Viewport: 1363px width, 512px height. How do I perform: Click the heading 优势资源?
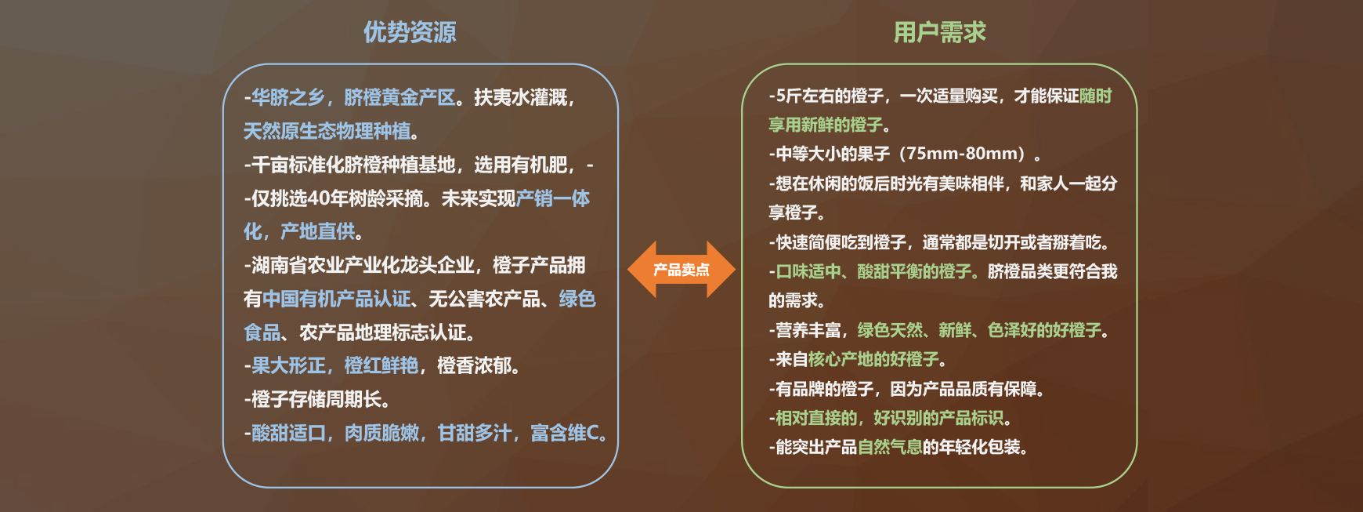tap(410, 32)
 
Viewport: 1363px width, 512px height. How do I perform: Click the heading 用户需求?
tap(940, 32)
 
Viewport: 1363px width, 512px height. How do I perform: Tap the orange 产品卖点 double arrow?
tap(681, 270)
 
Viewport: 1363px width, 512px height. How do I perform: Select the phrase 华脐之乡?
tap(287, 97)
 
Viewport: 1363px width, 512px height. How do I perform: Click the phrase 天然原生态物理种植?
tap(327, 131)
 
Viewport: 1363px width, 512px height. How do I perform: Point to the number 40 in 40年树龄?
tap(318, 198)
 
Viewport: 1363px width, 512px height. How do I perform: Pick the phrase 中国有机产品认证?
tap(336, 299)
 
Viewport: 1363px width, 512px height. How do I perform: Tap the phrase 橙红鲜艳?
tap(381, 365)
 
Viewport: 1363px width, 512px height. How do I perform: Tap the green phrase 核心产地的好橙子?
tap(873, 359)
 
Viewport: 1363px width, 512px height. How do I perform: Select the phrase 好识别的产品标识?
tap(938, 418)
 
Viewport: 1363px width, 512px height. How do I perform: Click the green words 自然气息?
tap(890, 447)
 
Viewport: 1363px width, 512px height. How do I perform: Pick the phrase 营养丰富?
tap(808, 330)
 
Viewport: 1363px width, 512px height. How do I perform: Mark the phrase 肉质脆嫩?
tap(381, 433)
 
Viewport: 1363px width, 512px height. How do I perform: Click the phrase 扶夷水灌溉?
tap(520, 97)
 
